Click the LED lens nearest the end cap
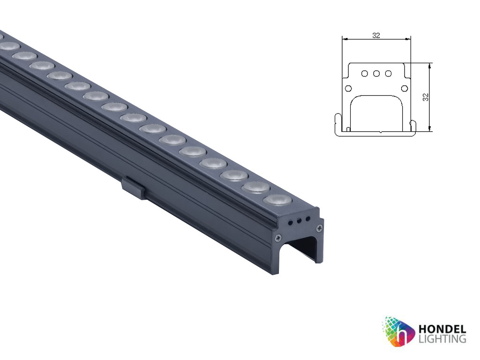click(277, 200)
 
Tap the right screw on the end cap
click(320, 228)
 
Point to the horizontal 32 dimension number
click(376, 35)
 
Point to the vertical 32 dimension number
click(426, 97)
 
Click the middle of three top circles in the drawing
click(376, 73)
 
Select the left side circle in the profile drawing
click(348, 88)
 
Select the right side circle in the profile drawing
click(405, 88)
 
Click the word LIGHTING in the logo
click(441, 338)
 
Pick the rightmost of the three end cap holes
click(307, 218)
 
